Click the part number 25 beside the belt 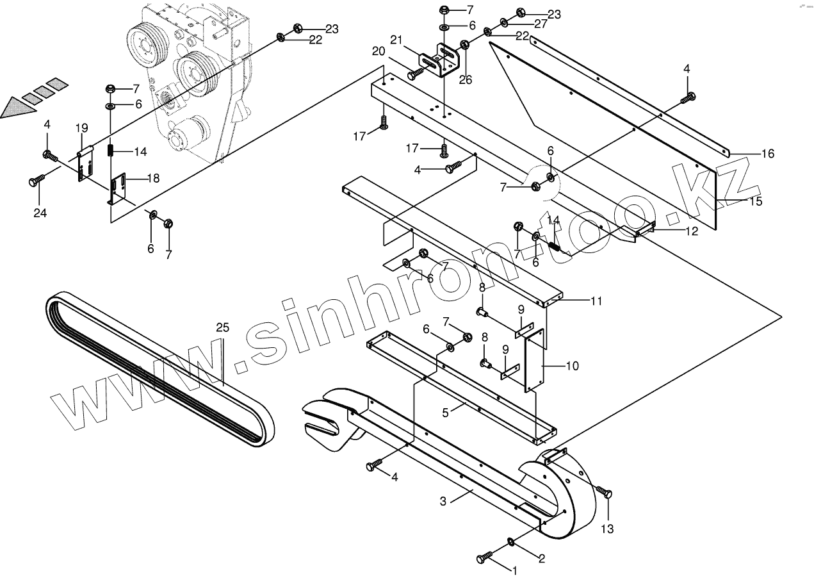point(222,327)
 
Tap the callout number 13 point(607,529)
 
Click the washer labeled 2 point(511,543)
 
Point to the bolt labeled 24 point(36,181)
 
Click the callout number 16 point(768,154)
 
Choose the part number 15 point(756,201)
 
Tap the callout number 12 point(691,232)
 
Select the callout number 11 point(596,300)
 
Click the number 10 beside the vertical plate point(572,367)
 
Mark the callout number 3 point(443,502)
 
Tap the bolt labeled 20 point(414,74)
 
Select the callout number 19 point(81,128)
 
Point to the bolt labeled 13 point(604,493)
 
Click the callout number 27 point(541,24)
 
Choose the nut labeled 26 point(465,45)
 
